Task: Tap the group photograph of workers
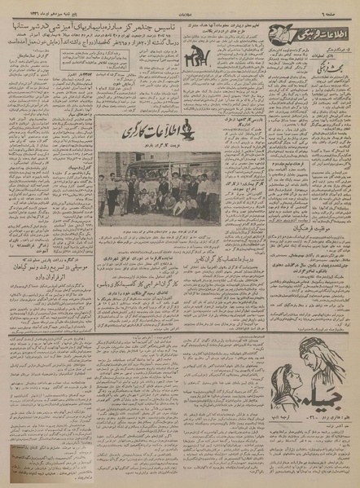(x=158, y=186)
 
